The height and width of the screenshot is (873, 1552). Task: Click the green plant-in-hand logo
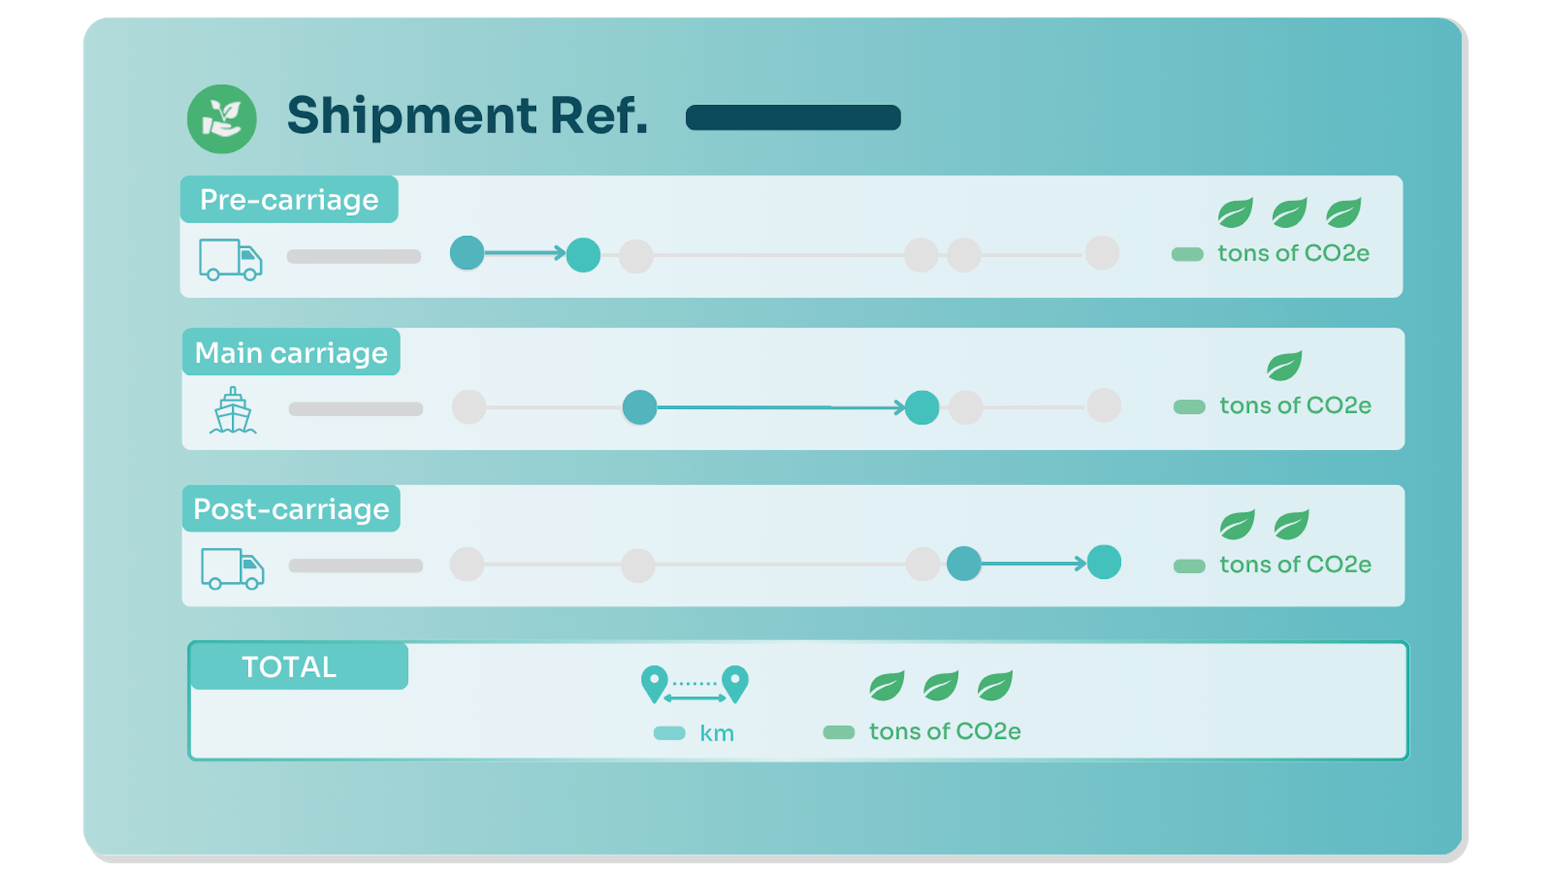(221, 119)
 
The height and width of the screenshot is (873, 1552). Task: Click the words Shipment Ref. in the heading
(467, 116)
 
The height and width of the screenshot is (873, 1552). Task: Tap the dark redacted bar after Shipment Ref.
(793, 117)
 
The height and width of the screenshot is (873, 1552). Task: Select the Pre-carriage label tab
(289, 200)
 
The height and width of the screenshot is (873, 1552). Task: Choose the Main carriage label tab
(291, 352)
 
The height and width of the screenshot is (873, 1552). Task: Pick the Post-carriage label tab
(291, 509)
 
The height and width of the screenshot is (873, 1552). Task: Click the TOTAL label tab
(289, 667)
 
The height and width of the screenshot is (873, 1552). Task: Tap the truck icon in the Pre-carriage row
(230, 259)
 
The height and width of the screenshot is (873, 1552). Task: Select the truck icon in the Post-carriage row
(232, 569)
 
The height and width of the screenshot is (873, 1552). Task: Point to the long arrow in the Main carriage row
(780, 407)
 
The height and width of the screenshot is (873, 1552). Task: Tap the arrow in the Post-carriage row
(1033, 563)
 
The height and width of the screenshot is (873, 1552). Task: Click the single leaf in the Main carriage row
(1284, 365)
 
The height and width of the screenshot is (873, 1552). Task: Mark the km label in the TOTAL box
(717, 734)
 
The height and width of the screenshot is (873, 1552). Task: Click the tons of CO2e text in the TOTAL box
(945, 732)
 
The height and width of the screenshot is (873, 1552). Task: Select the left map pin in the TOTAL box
(654, 684)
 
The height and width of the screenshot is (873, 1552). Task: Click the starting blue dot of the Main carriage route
(639, 407)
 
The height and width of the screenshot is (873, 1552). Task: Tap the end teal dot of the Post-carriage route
(1104, 563)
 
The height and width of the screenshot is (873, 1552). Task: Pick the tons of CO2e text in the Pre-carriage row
(1293, 254)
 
